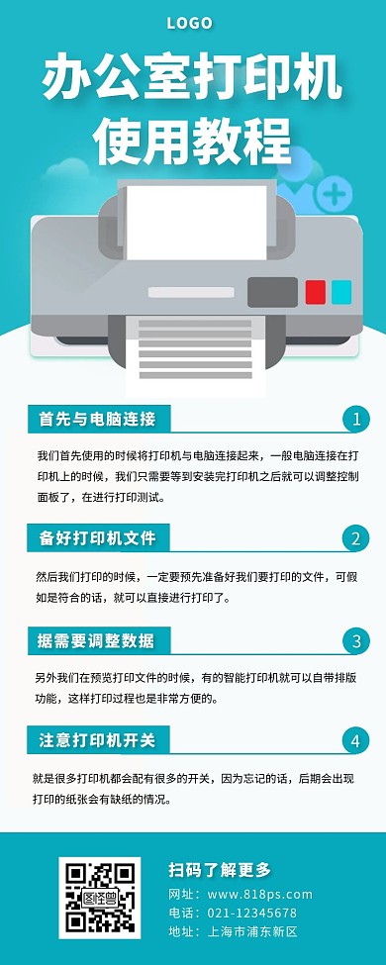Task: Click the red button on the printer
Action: (316, 292)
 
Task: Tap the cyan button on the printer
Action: (340, 292)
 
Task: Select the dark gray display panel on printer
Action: (272, 292)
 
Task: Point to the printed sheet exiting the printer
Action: (194, 350)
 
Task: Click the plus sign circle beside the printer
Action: (336, 193)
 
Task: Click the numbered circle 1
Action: (355, 420)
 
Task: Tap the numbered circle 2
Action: (355, 538)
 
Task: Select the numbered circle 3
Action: (355, 641)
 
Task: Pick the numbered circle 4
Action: (355, 740)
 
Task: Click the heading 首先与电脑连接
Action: (97, 419)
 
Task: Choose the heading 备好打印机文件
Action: (97, 538)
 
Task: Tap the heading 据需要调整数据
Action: (97, 640)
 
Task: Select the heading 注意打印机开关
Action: (97, 740)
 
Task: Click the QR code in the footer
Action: (99, 898)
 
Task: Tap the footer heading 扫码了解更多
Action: (219, 870)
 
